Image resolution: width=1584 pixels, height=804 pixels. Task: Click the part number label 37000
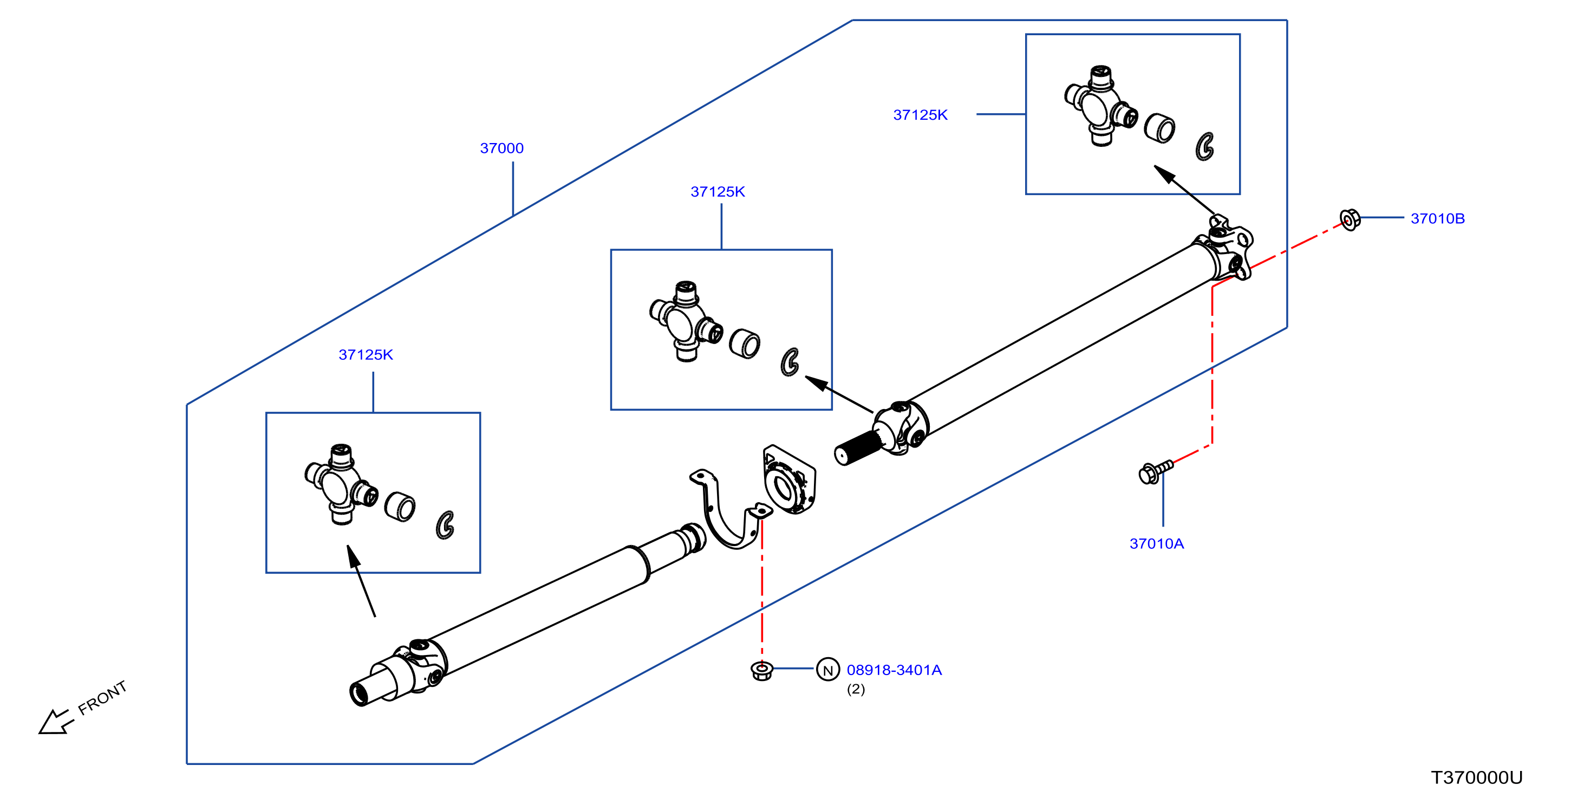pos(502,148)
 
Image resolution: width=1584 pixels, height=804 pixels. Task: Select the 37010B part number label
pos(1437,218)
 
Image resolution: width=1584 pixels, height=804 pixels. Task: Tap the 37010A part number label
pos(1156,543)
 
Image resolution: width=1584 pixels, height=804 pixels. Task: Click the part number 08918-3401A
pos(894,670)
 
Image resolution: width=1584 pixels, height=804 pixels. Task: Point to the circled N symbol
pos(827,669)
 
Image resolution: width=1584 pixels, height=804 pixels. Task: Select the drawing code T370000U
pos(1476,777)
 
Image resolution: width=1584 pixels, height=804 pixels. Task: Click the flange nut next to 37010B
pos(1350,219)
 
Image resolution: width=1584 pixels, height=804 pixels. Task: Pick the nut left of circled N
pos(762,671)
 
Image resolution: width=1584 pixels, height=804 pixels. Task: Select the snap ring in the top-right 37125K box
pos(1204,146)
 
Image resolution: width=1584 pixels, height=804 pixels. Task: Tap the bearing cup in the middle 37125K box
pos(744,343)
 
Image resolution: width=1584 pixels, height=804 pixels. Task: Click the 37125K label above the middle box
pos(718,192)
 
